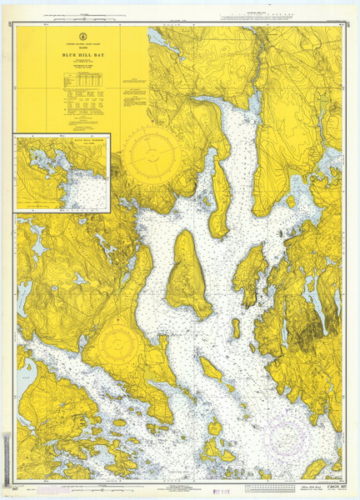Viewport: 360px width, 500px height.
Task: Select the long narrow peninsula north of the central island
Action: coord(220,196)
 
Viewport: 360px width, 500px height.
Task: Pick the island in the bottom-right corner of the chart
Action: coord(315,468)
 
